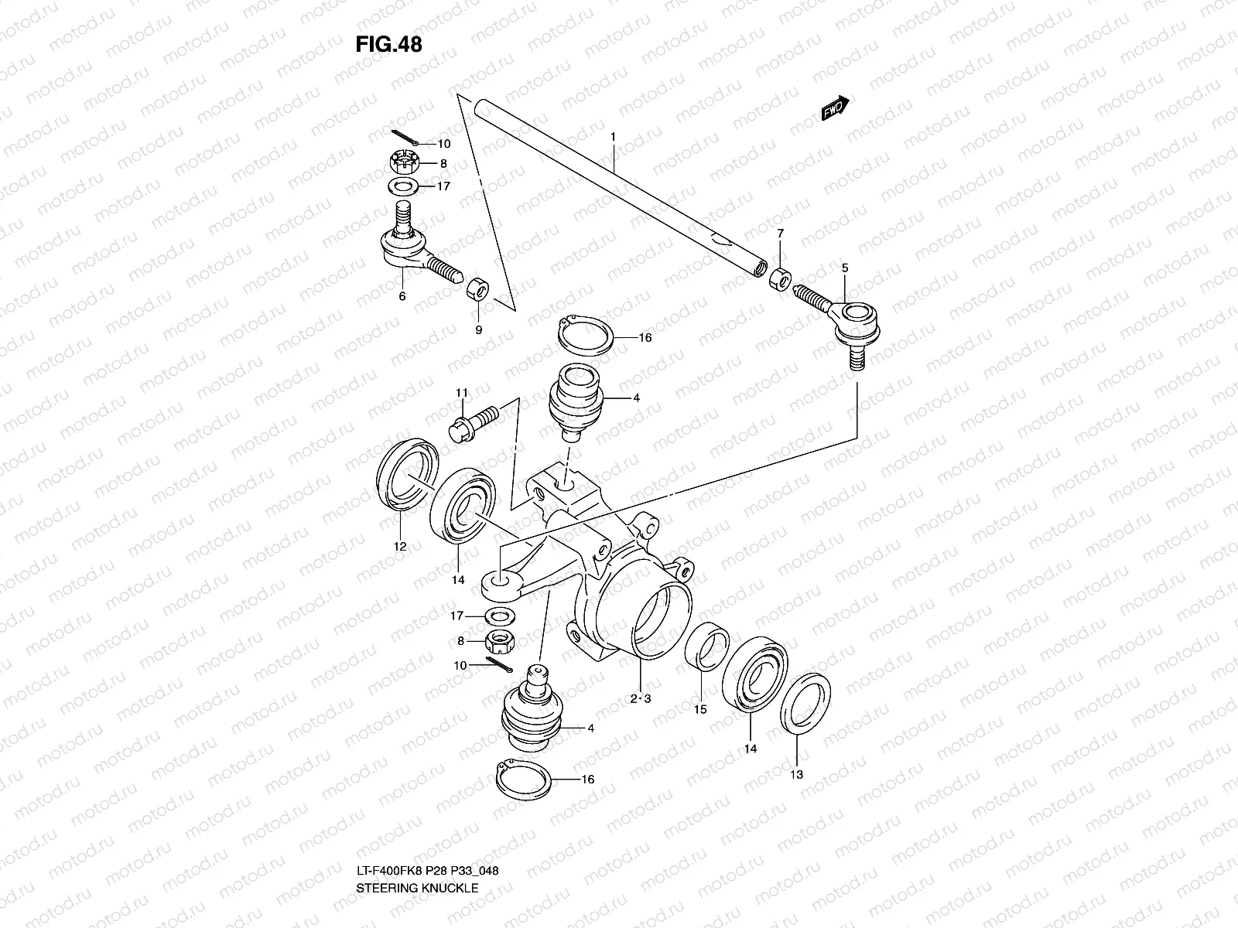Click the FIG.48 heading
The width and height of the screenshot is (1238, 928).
point(388,45)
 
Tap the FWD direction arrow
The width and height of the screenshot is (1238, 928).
point(836,109)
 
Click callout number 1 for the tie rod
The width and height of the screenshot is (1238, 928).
point(612,137)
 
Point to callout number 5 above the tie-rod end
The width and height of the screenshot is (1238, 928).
point(844,268)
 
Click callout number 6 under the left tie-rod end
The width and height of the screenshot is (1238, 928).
point(402,296)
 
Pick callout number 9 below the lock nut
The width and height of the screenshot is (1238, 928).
point(478,329)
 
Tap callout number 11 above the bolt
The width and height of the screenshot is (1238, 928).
point(462,393)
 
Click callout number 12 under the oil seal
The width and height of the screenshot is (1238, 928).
point(399,546)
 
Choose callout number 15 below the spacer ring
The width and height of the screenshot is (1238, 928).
point(699,708)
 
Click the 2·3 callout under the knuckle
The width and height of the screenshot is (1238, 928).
point(641,698)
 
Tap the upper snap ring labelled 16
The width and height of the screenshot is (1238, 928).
point(587,337)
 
